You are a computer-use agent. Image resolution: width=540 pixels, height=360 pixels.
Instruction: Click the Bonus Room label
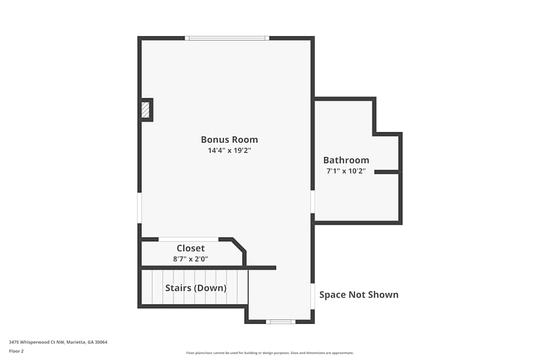click(229, 139)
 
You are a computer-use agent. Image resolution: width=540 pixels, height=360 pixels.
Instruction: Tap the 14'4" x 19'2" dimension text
click(229, 151)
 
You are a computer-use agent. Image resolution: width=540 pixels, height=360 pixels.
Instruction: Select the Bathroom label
click(346, 160)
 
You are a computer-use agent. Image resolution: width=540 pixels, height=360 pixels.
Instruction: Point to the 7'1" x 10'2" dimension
click(346, 171)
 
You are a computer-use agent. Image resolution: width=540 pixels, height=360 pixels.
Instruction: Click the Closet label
click(191, 248)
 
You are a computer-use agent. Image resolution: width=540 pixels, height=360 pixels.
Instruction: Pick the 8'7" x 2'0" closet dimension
click(191, 259)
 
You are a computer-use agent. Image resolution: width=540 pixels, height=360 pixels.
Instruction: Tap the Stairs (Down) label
click(195, 288)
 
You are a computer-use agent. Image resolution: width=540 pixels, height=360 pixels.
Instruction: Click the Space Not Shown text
click(359, 295)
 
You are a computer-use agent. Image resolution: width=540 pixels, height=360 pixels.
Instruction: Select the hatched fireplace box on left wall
click(145, 110)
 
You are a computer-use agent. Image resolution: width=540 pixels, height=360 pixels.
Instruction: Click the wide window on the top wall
click(227, 38)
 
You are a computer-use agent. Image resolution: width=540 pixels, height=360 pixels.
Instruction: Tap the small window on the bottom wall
click(281, 322)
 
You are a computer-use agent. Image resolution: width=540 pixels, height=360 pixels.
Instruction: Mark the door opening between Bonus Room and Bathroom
click(313, 201)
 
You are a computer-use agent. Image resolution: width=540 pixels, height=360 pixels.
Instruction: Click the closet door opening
click(188, 239)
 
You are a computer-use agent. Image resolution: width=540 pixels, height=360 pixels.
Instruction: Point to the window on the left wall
click(139, 208)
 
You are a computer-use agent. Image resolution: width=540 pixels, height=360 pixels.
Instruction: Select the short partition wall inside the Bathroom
click(387, 172)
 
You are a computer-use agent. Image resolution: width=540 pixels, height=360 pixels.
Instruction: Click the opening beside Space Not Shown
click(313, 296)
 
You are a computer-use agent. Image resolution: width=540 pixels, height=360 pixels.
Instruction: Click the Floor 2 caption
click(16, 351)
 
